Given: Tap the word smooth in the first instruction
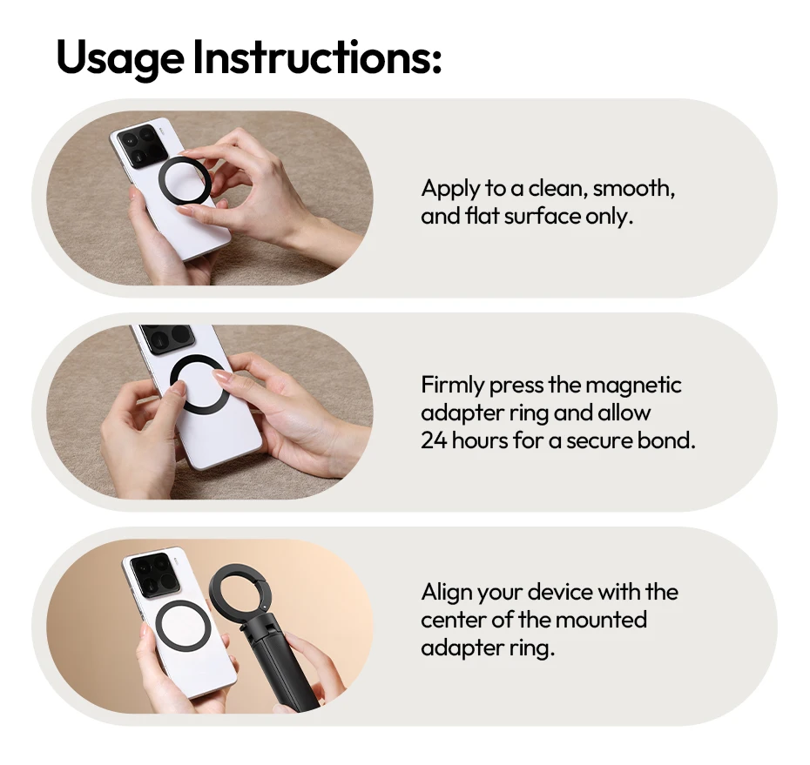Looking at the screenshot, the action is pos(633,189).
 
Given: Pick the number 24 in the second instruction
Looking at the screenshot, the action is pos(433,440).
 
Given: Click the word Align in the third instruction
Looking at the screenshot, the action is pos(445,593).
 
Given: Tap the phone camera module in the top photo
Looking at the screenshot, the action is pos(142,148).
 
